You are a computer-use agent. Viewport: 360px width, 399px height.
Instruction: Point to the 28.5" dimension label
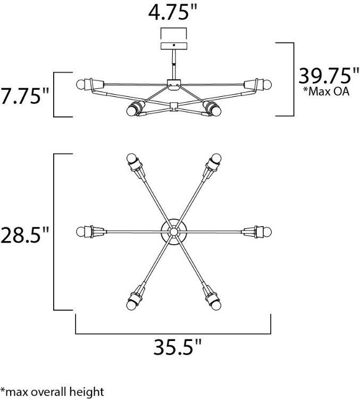(x=24, y=234)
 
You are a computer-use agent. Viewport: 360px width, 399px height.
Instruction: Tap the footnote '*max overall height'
(x=52, y=392)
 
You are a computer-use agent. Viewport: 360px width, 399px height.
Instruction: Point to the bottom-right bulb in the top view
(x=216, y=304)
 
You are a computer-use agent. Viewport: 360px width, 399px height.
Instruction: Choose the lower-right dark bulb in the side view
(x=215, y=110)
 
